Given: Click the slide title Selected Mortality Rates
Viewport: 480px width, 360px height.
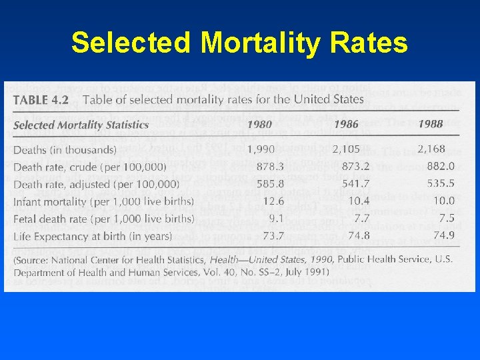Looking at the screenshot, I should pyautogui.click(x=239, y=43).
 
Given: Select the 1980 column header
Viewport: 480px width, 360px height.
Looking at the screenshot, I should pyautogui.click(x=259, y=124).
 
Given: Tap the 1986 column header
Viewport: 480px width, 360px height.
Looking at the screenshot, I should pyautogui.click(x=345, y=123).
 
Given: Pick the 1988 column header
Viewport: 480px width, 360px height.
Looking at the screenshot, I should pyautogui.click(x=430, y=123).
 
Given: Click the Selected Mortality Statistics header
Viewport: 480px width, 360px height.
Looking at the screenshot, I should pyautogui.click(x=81, y=125).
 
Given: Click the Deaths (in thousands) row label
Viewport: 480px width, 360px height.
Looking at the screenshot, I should pyautogui.click(x=65, y=150).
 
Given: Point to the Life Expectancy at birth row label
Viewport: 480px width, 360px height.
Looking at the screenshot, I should pyautogui.click(x=93, y=236).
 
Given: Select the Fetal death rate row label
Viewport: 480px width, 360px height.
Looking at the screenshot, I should pyautogui.click(x=103, y=219).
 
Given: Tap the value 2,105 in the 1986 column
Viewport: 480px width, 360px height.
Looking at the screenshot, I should pyautogui.click(x=345, y=149).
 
